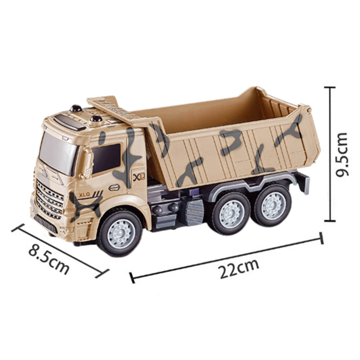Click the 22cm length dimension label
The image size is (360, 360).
click(239, 268)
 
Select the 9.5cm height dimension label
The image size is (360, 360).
click(342, 154)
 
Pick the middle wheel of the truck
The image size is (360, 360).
click(231, 214)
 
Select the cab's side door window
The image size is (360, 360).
click(106, 158)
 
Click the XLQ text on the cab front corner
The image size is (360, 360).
click(85, 195)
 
